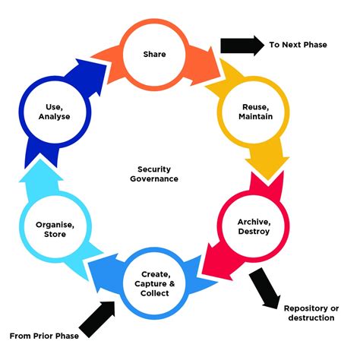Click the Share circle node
tap(155, 55)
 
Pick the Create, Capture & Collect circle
tap(155, 285)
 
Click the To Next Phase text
tap(298, 45)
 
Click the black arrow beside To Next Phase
tap(239, 45)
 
